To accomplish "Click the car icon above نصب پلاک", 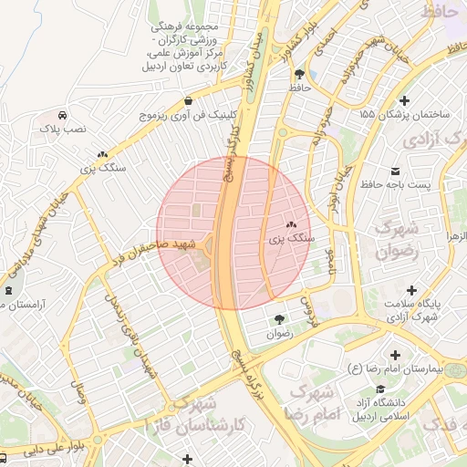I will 61,116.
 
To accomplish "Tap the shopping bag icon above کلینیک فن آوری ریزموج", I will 188,100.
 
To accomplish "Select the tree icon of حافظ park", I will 300,74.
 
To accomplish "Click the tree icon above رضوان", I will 278,319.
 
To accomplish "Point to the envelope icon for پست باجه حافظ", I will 394,171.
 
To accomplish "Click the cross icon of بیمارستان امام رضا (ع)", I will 394,355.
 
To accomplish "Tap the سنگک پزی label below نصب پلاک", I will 102,168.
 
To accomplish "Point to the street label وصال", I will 79,394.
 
